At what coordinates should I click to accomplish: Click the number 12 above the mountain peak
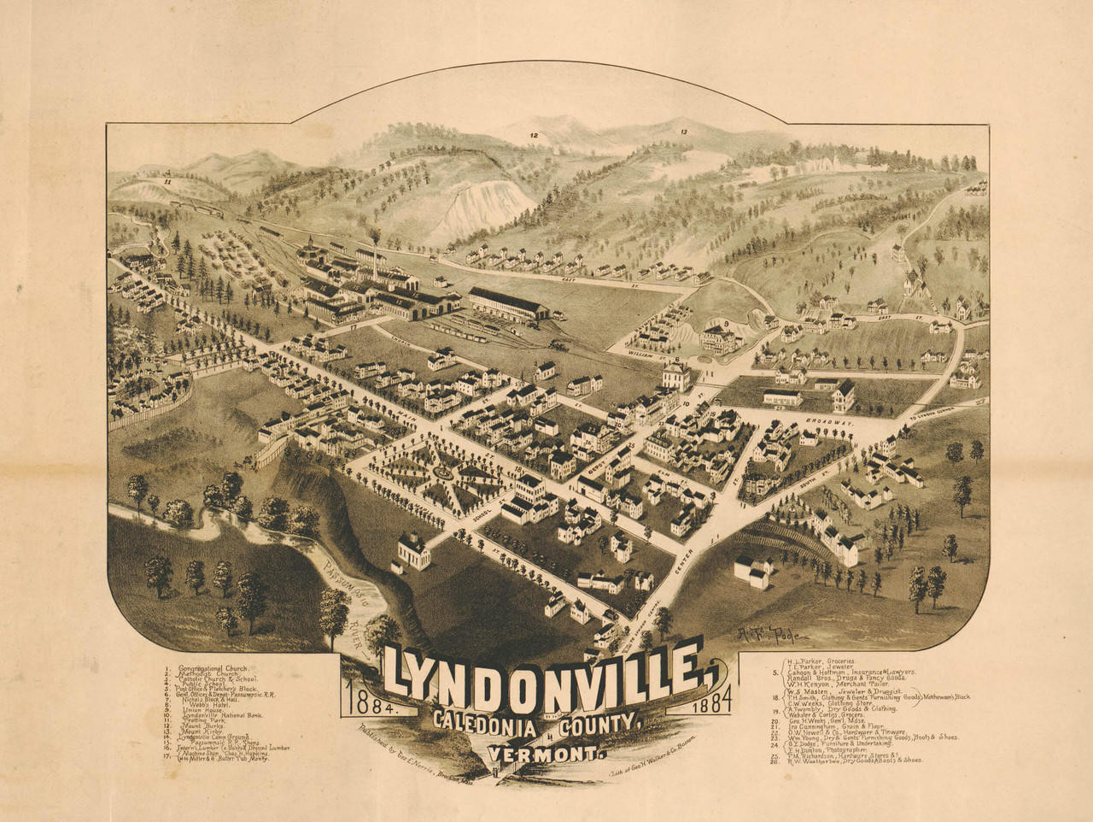[534, 135]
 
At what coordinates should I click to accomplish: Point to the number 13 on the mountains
[684, 132]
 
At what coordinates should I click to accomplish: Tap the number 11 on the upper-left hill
[168, 181]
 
